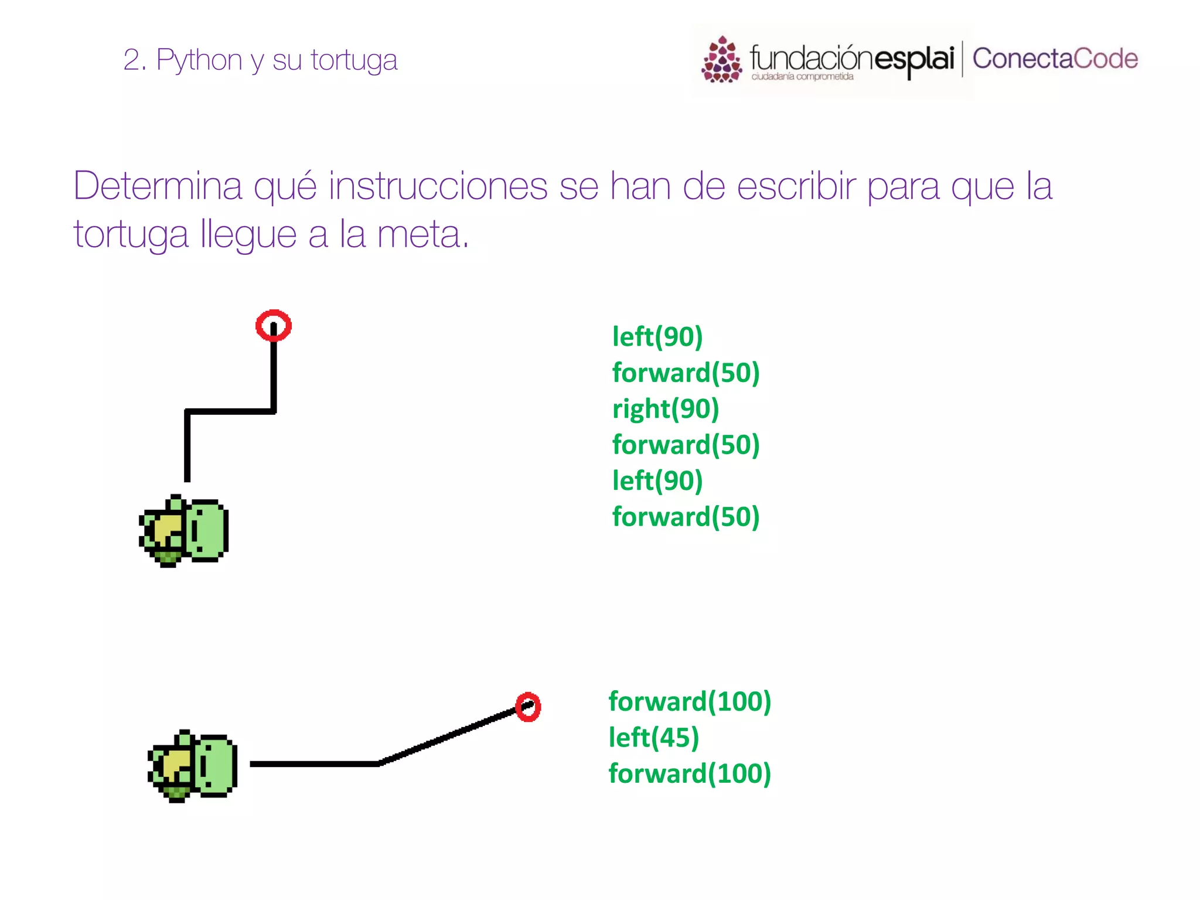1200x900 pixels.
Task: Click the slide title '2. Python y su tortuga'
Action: [260, 60]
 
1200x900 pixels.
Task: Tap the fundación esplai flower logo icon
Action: [721, 60]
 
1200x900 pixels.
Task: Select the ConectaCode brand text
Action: [1055, 59]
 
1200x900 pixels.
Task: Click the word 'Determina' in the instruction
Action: [158, 186]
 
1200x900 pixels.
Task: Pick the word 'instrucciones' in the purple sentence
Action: [438, 186]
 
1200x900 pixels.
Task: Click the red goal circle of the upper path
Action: [274, 325]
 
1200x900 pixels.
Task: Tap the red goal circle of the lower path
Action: [528, 707]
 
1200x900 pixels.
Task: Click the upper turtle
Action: [183, 531]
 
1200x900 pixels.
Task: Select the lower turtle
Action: [192, 766]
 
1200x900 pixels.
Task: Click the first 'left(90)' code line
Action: [657, 337]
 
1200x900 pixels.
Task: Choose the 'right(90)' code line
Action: [665, 409]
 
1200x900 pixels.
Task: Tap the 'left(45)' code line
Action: [653, 738]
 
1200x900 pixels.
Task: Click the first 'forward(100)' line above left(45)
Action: [689, 701]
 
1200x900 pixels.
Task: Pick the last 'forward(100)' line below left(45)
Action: [689, 773]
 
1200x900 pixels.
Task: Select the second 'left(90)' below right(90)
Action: [657, 481]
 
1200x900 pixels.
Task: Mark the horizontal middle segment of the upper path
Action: [230, 411]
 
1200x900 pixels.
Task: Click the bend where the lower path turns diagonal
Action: [379, 763]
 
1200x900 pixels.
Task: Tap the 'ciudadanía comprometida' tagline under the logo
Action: [802, 77]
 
